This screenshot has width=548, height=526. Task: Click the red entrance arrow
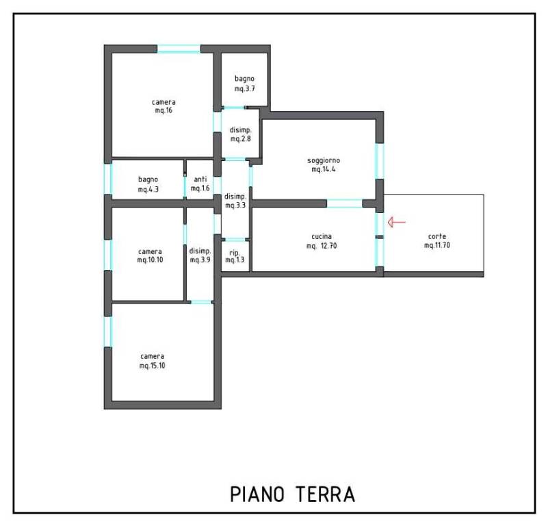pyautogui.click(x=397, y=222)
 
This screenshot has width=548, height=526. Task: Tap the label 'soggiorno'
pyautogui.click(x=324, y=161)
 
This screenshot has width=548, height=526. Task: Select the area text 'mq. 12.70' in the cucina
pyautogui.click(x=322, y=246)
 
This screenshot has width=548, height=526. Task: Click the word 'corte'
pyautogui.click(x=437, y=236)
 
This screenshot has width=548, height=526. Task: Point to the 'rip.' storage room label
pyautogui.click(x=235, y=253)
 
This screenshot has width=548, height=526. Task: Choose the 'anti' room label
pyautogui.click(x=200, y=179)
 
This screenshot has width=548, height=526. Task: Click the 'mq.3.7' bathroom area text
pyautogui.click(x=245, y=88)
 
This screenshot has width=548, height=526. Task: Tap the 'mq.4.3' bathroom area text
pyautogui.click(x=148, y=189)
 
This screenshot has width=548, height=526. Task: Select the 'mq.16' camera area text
pyautogui.click(x=164, y=110)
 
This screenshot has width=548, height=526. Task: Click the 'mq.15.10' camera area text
pyautogui.click(x=153, y=366)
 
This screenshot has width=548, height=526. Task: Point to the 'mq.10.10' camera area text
pyautogui.click(x=150, y=260)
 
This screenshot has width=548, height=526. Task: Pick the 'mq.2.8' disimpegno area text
pyautogui.click(x=240, y=138)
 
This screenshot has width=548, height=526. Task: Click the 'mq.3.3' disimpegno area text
pyautogui.click(x=235, y=205)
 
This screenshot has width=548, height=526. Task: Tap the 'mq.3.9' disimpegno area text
pyautogui.click(x=200, y=260)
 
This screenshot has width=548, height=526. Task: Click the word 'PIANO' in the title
pyautogui.click(x=257, y=494)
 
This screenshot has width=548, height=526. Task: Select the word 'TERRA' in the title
pyautogui.click(x=326, y=494)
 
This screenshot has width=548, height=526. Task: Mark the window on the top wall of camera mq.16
pyautogui.click(x=179, y=49)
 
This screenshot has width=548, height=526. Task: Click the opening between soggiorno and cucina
pyautogui.click(x=345, y=203)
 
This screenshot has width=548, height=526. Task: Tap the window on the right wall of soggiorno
pyautogui.click(x=380, y=161)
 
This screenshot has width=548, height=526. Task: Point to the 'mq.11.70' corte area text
pyautogui.click(x=437, y=245)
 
